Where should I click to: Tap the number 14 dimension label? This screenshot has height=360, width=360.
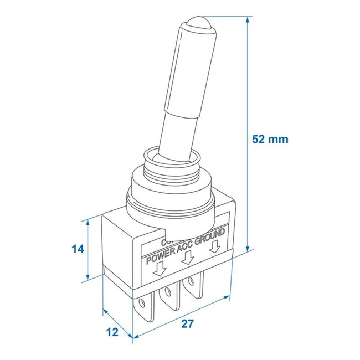(78, 249)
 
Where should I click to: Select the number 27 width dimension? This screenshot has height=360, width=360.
(188, 324)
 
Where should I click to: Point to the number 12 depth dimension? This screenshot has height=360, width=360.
(113, 332)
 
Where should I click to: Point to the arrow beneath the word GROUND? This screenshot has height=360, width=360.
(215, 244)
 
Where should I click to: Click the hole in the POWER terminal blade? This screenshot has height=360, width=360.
(145, 303)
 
